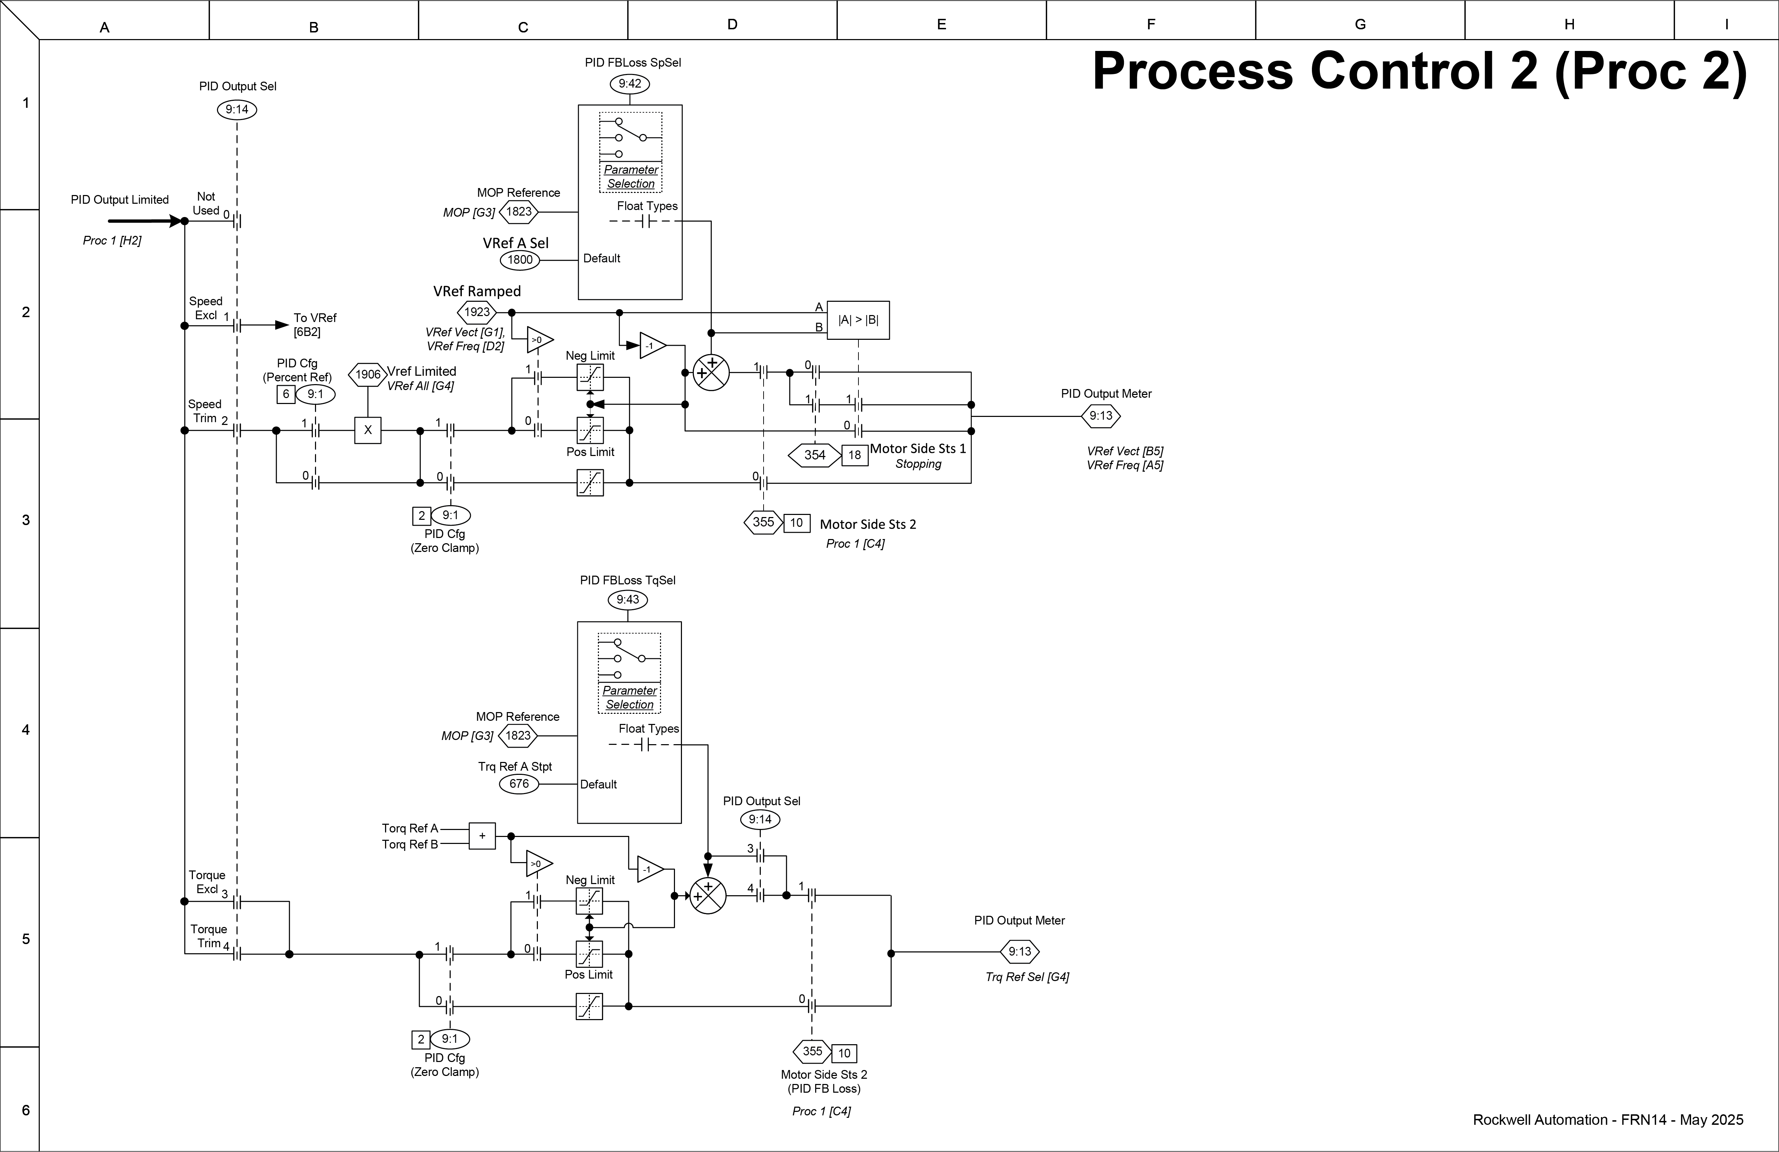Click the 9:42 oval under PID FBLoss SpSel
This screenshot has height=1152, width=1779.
[629, 84]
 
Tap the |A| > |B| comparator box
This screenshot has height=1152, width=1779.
[858, 320]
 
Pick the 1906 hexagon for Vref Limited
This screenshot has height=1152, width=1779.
[368, 375]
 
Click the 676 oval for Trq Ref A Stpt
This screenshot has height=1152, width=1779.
[519, 784]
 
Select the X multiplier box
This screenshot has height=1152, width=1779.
[368, 431]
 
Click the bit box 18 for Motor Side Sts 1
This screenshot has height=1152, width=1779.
[854, 455]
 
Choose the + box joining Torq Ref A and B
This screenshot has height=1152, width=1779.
[482, 836]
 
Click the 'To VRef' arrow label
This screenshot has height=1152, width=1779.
[314, 324]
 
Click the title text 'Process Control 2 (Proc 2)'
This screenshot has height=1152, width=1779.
[1419, 72]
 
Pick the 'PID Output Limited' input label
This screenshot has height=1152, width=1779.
[120, 200]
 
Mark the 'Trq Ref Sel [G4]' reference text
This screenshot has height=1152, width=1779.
[1027, 977]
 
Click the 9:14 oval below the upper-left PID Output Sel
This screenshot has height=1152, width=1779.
[237, 110]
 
